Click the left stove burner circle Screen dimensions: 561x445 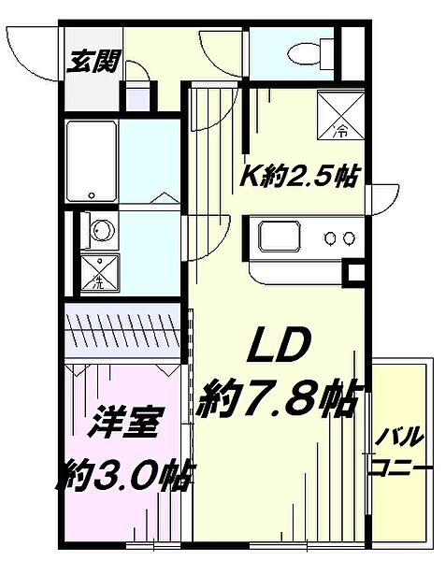pyautogui.click(x=331, y=238)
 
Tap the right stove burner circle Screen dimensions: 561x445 pyautogui.click(x=351, y=238)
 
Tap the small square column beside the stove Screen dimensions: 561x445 pyautogui.click(x=354, y=274)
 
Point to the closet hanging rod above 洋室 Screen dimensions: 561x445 pyautogui.click(x=122, y=329)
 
